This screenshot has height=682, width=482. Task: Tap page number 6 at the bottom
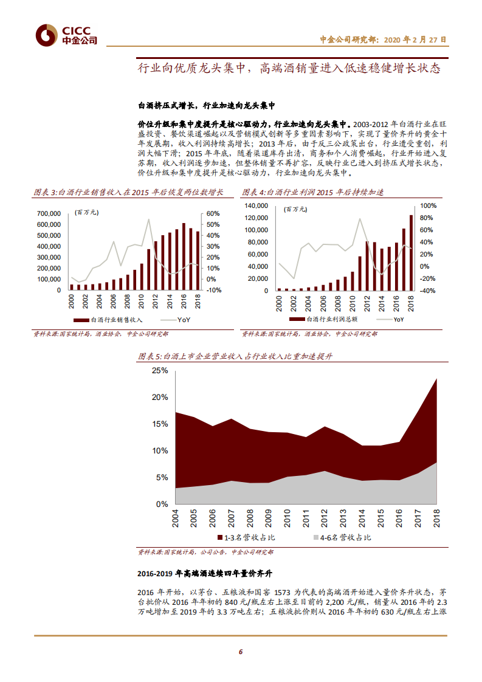coord(241,652)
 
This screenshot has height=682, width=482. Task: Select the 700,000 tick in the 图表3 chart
coord(49,214)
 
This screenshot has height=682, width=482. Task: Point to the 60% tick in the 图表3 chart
coord(213,214)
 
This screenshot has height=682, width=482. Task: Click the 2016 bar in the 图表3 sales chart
coord(184,256)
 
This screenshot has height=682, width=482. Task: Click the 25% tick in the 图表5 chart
coord(160,370)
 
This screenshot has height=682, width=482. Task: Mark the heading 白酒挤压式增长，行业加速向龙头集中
coord(207,105)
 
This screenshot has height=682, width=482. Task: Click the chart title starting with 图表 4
coord(313,193)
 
